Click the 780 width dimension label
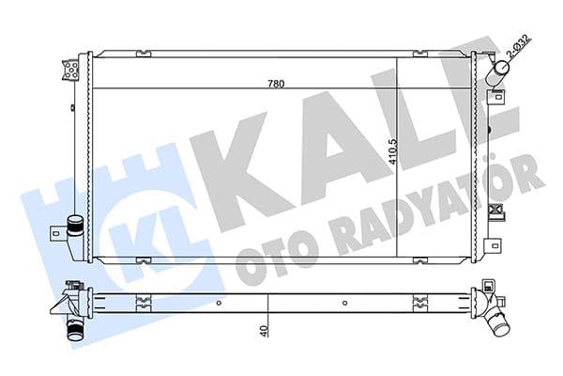pyautogui.click(x=275, y=83)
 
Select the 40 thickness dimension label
pyautogui.click(x=266, y=330)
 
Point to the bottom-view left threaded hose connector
pyautogui.click(x=74, y=331)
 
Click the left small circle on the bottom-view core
pyautogui.click(x=219, y=303)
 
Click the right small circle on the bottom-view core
pyautogui.click(x=345, y=303)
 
